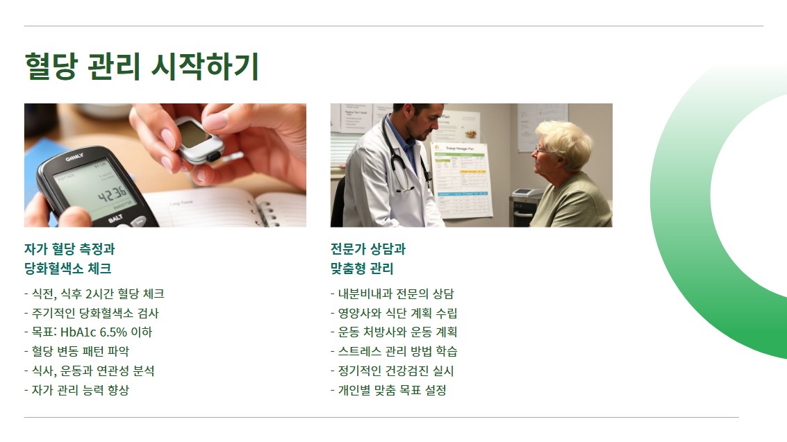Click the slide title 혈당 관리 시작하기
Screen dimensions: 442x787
coord(142,67)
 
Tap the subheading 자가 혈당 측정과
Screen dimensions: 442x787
coord(69,249)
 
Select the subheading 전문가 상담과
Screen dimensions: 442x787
coord(367,249)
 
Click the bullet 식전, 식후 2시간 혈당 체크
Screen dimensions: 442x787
coord(94,294)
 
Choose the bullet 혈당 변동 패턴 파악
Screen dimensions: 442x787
coord(76,351)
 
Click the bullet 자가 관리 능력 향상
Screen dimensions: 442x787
coord(76,390)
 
